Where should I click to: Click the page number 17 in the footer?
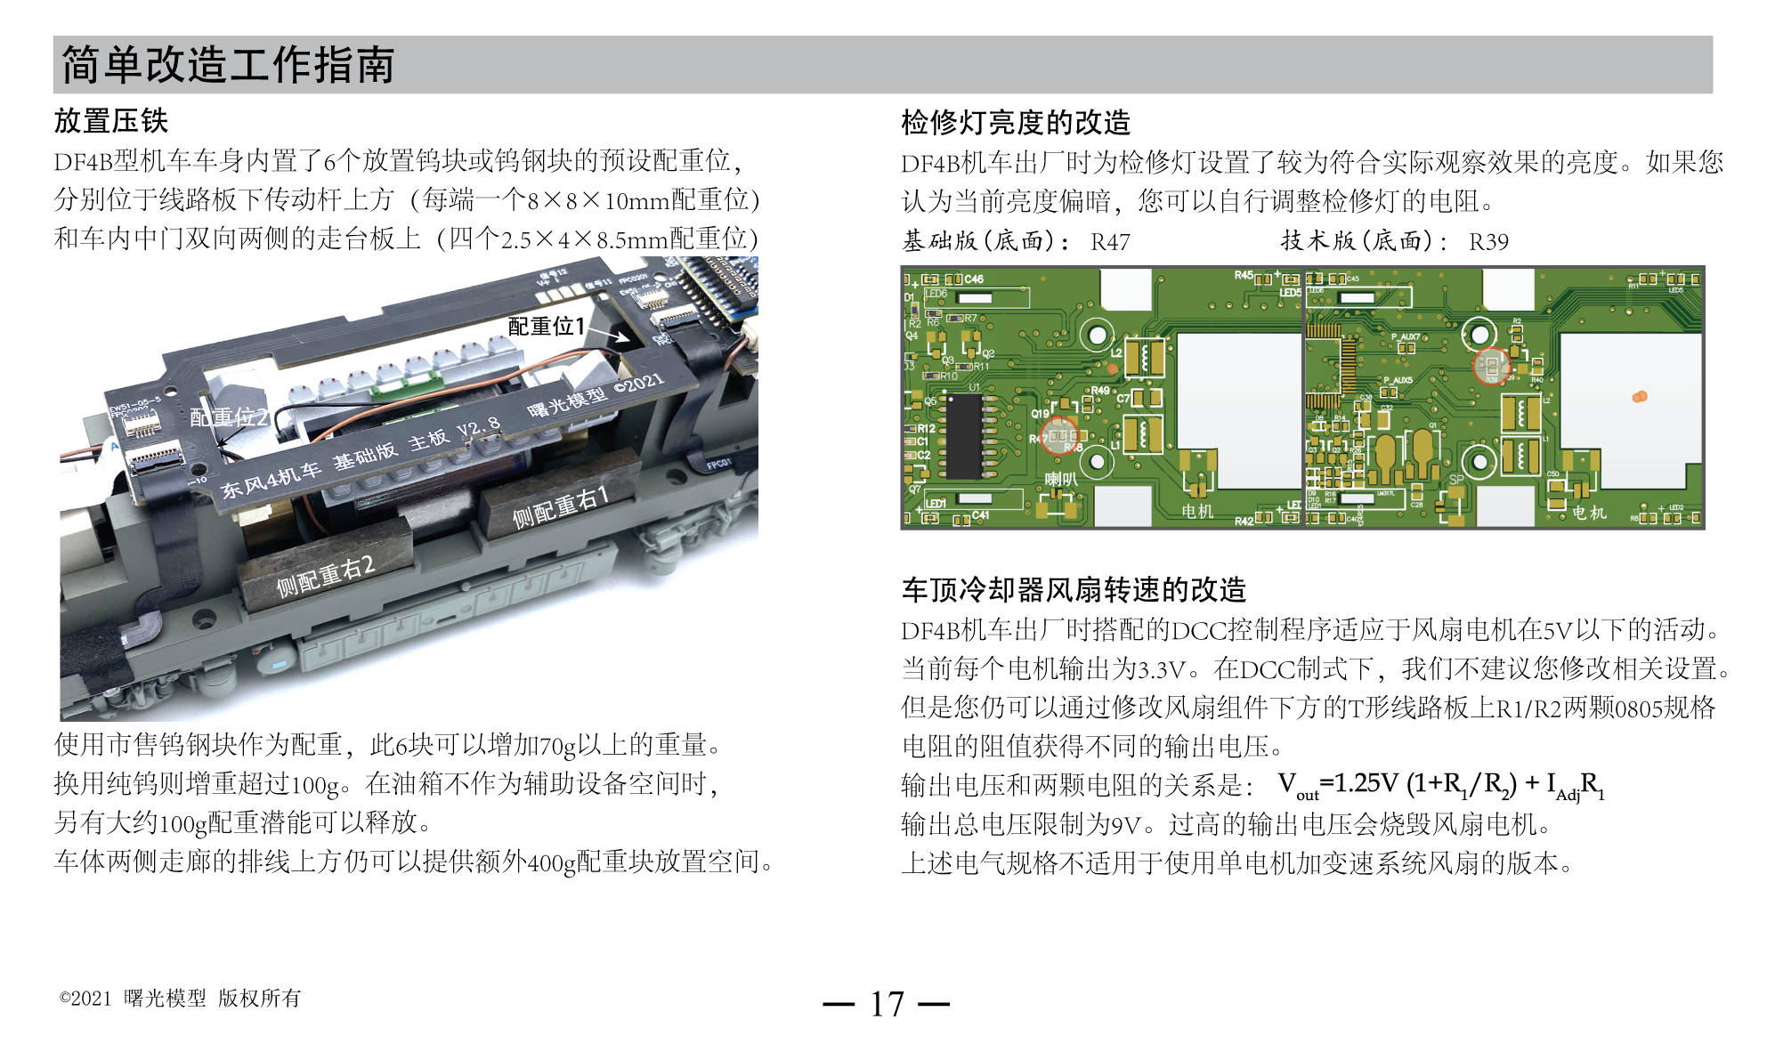(x=887, y=1004)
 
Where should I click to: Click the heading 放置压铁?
(x=110, y=120)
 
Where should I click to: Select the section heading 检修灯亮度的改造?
(x=1015, y=122)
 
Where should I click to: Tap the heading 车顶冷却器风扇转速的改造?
(x=1073, y=589)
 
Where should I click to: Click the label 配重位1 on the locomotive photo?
(x=545, y=327)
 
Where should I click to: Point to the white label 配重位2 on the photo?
(x=229, y=417)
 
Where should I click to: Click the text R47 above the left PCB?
(x=1109, y=242)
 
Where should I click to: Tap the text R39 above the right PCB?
(x=1487, y=242)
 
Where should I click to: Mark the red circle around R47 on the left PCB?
(x=1059, y=435)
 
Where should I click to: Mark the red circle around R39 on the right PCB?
(x=1492, y=366)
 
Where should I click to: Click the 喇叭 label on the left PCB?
(x=1060, y=480)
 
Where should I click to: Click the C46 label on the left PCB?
(x=973, y=279)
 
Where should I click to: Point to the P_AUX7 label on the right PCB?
(x=1406, y=337)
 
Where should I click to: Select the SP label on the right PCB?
(x=1456, y=480)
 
